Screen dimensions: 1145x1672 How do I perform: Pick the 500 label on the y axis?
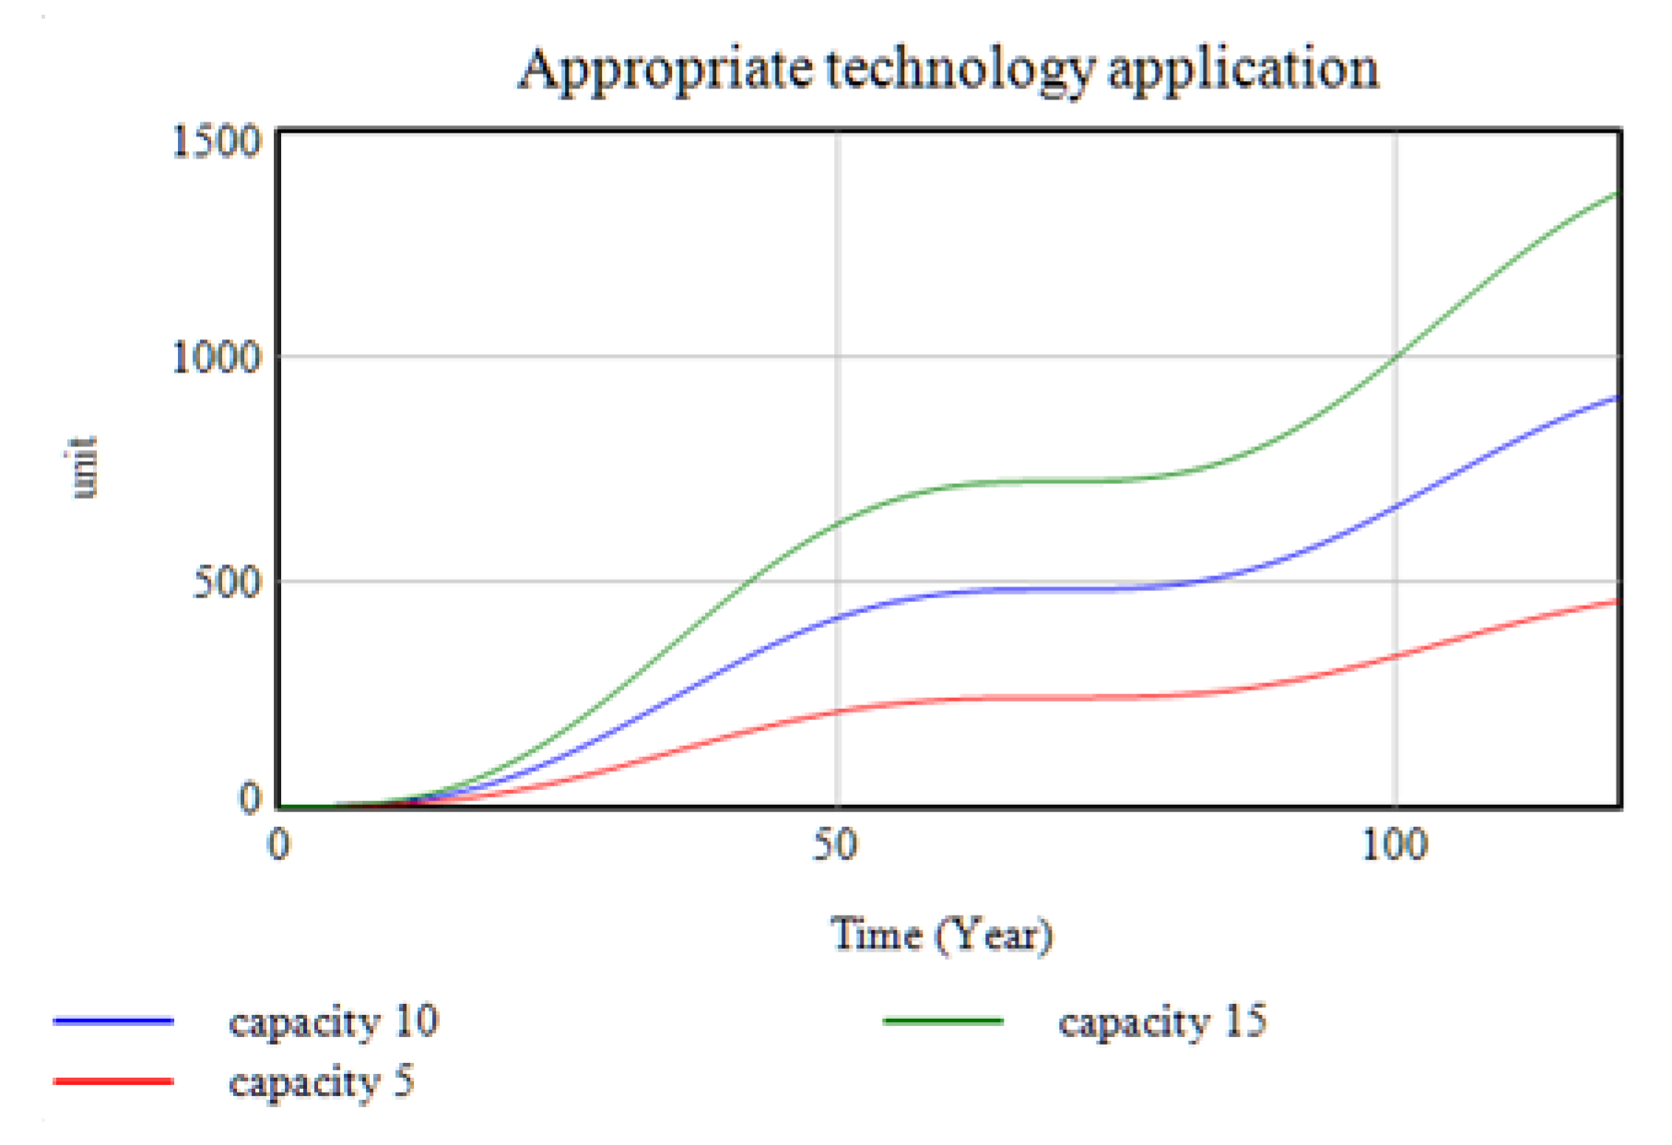pos(227,583)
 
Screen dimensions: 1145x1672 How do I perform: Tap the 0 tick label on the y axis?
pos(250,798)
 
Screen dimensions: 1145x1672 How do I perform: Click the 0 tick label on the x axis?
pos(278,844)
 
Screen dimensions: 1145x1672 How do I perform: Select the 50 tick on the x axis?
pos(835,844)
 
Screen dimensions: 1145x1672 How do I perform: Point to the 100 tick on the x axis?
pos(1395,844)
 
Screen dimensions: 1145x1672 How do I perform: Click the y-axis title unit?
pos(83,467)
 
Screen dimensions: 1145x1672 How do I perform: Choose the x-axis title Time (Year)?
pos(941,935)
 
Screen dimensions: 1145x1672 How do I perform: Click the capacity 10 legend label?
pos(334,1021)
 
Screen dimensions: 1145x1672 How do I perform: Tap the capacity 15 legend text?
pos(1162,1021)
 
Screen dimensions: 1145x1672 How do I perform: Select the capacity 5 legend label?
pos(322,1081)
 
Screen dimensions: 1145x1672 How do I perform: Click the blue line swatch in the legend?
pos(113,1021)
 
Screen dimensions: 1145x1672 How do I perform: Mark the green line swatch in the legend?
pos(943,1021)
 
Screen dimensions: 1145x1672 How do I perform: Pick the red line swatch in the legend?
pos(113,1081)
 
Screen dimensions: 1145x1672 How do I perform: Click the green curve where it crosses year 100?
pos(1395,358)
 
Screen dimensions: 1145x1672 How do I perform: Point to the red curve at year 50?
pos(837,711)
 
